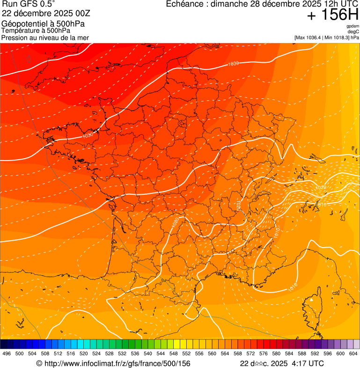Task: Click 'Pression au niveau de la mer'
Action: pyautogui.click(x=45, y=37)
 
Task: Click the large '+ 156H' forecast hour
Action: pyautogui.click(x=332, y=15)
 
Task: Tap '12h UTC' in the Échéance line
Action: pyautogui.click(x=339, y=4)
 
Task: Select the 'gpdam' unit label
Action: pyautogui.click(x=353, y=26)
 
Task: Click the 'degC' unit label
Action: pyautogui.click(x=353, y=31)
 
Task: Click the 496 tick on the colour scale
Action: pyautogui.click(x=7, y=353)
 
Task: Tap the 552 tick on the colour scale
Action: pyautogui.click(x=186, y=353)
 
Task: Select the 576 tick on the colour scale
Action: pyautogui.click(x=263, y=353)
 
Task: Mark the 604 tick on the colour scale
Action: pyautogui.click(x=353, y=353)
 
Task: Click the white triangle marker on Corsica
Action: pyautogui.click(x=311, y=299)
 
